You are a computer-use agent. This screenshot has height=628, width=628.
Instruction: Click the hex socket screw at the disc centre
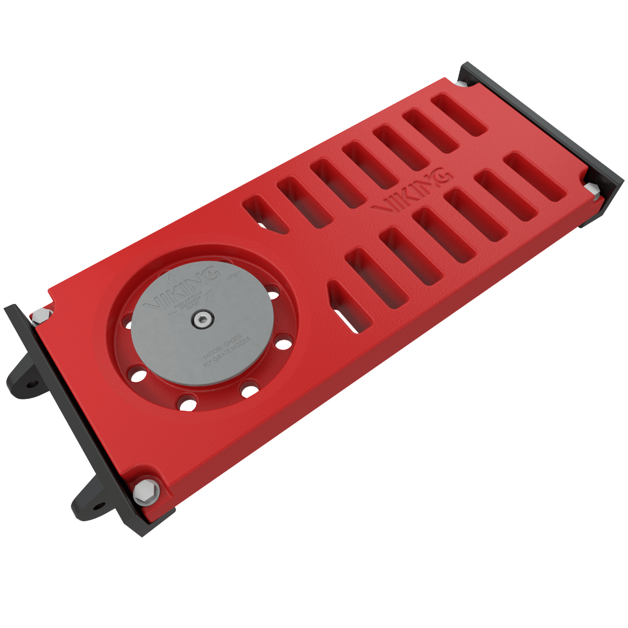pos(201,319)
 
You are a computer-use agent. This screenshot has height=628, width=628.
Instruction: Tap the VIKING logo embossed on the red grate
pos(411,192)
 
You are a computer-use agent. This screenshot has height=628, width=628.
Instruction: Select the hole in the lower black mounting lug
pos(98,506)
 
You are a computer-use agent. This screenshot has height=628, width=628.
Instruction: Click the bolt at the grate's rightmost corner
pos(592,189)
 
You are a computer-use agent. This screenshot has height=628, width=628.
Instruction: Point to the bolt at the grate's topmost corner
pos(461,84)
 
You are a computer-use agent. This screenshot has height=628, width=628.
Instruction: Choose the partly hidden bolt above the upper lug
pos(40,316)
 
